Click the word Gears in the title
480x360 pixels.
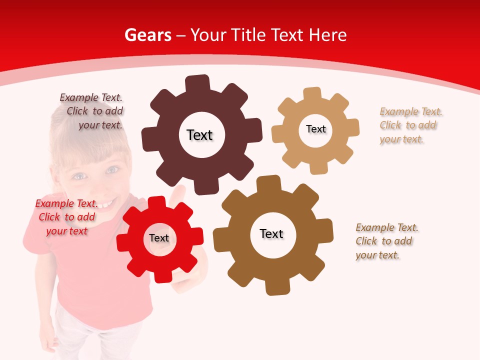tap(147, 35)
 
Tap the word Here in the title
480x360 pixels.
tap(327, 35)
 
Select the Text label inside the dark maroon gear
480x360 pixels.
tap(199, 135)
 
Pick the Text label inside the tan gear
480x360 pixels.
tap(315, 129)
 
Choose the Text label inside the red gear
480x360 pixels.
tap(159, 238)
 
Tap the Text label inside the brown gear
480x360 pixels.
tap(271, 233)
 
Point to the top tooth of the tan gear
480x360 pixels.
tap(312, 93)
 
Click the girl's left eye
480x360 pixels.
tap(112, 170)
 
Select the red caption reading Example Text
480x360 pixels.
tap(66, 203)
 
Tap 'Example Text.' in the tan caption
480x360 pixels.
tap(411, 111)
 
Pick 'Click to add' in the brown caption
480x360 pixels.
tap(384, 241)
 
